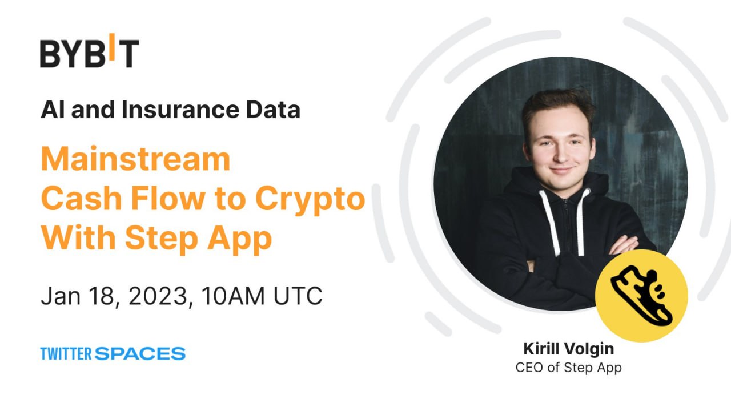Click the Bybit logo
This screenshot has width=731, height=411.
click(x=90, y=51)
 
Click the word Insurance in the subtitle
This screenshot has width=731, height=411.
click(x=180, y=110)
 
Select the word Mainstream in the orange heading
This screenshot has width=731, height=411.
click(x=136, y=159)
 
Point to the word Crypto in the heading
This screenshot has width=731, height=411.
click(x=310, y=200)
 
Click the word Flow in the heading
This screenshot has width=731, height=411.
click(x=168, y=198)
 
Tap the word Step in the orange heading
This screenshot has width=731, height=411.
click(x=162, y=239)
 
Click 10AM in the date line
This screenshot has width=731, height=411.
click(x=233, y=296)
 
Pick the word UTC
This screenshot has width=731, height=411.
click(x=298, y=296)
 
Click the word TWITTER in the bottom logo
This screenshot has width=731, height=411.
click(x=66, y=354)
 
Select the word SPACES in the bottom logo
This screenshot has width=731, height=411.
click(x=140, y=354)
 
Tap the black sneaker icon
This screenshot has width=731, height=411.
click(x=641, y=296)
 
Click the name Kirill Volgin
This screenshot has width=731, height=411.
click(x=569, y=349)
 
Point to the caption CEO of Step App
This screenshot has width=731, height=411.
click(x=569, y=368)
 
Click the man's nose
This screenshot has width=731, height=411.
click(x=561, y=154)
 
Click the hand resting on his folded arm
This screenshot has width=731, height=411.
click(x=623, y=245)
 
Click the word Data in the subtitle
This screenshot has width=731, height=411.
click(x=273, y=110)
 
